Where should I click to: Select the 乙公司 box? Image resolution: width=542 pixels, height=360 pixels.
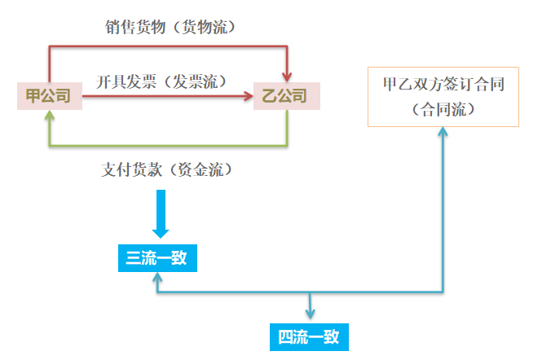(286, 96)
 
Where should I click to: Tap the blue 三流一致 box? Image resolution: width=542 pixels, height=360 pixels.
(156, 259)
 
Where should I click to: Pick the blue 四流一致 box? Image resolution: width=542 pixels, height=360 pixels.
(309, 336)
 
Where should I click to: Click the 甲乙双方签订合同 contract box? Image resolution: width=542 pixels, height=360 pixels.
(443, 96)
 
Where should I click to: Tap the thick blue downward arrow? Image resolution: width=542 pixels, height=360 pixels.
(161, 213)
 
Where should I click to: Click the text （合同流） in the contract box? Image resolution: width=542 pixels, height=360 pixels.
(443, 109)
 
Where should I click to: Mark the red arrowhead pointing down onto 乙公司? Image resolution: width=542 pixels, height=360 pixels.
(286, 77)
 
